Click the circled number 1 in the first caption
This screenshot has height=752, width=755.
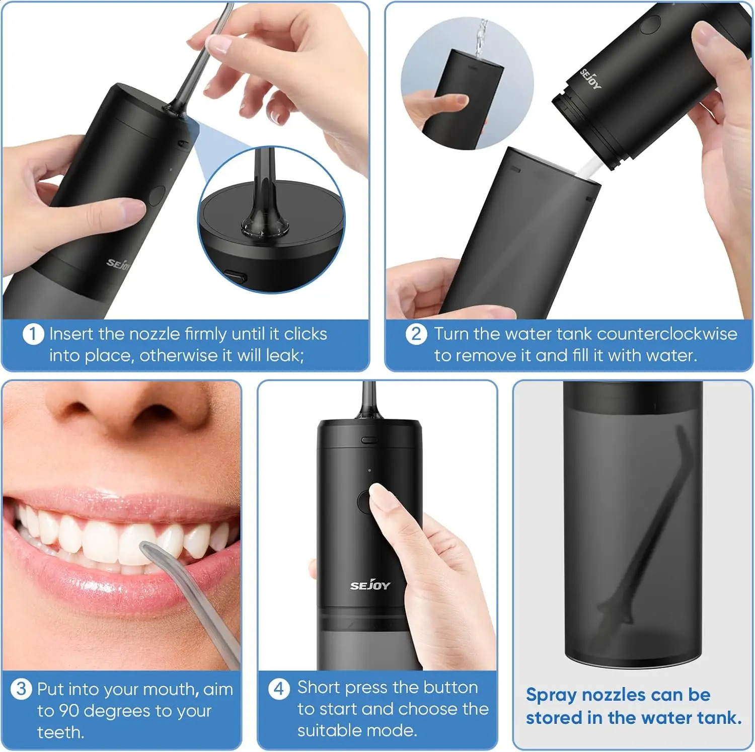(33, 334)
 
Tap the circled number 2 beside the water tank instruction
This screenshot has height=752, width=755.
(416, 334)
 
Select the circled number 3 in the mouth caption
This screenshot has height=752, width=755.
(21, 689)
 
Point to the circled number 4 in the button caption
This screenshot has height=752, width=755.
(279, 688)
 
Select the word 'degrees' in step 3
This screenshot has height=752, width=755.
(119, 711)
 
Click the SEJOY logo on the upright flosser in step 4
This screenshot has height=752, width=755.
(370, 585)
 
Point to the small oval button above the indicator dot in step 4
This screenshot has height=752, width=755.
(369, 440)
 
